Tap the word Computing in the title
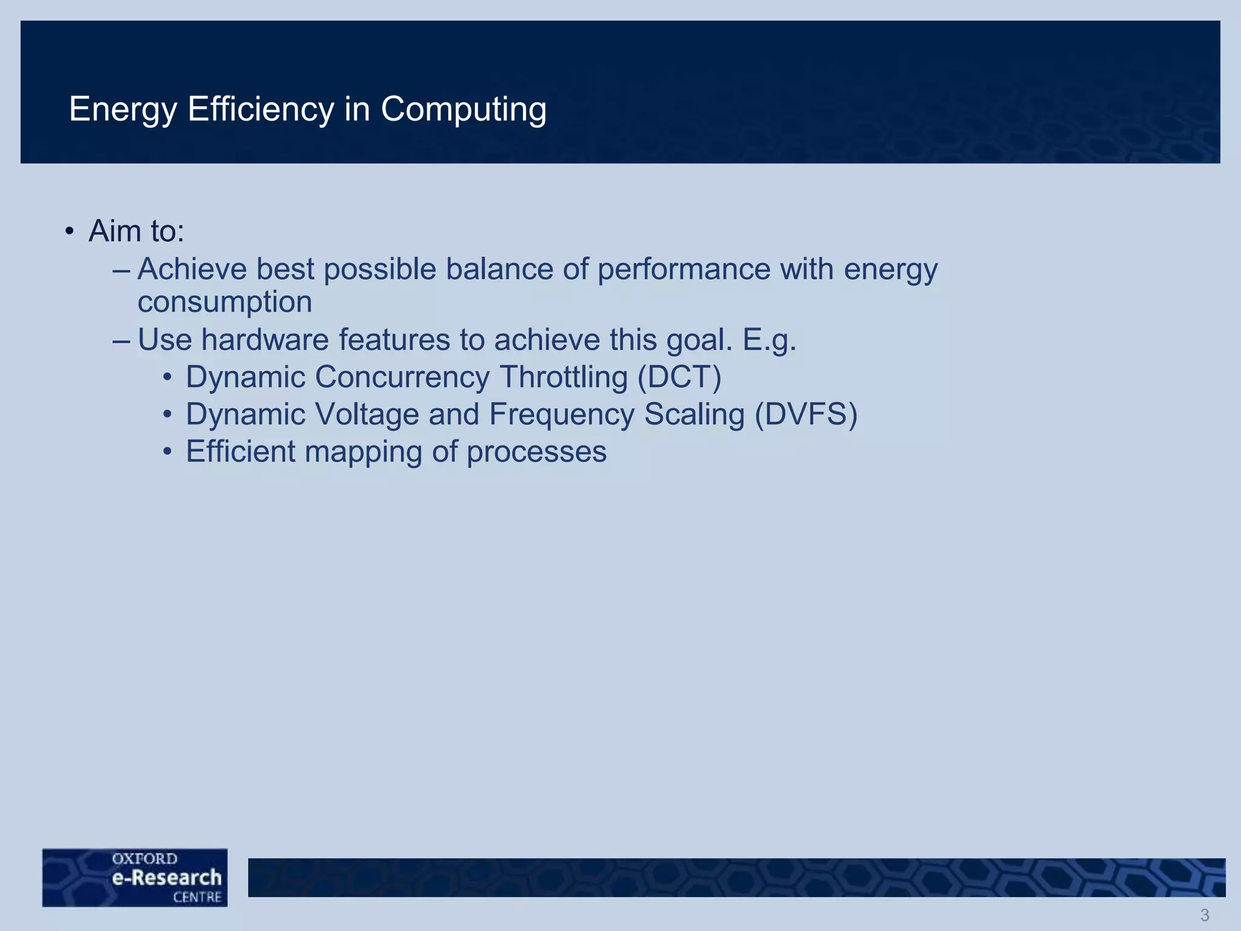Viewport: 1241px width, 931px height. (x=463, y=110)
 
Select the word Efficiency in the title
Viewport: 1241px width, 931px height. (x=261, y=110)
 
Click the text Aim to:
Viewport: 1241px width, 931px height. (x=136, y=231)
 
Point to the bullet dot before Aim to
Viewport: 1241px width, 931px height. (x=70, y=232)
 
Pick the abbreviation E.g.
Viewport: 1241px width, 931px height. (x=769, y=341)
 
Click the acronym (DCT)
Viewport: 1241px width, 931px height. (x=679, y=378)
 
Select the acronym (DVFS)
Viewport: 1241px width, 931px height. (x=806, y=415)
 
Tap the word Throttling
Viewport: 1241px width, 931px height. (x=564, y=378)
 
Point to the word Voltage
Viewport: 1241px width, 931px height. (x=363, y=415)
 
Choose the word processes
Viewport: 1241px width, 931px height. (x=536, y=453)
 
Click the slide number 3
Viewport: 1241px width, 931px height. (x=1205, y=915)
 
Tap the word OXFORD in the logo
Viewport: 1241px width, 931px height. (x=144, y=859)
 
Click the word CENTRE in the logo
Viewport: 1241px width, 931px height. (x=197, y=897)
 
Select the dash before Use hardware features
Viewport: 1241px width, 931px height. (x=121, y=341)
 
